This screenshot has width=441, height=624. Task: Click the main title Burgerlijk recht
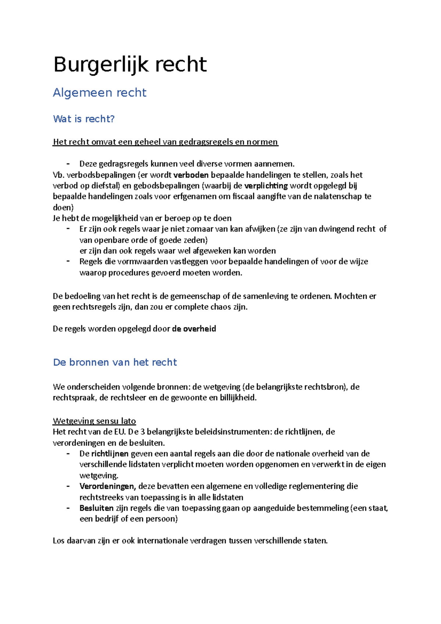130,65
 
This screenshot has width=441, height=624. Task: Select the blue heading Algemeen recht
100,93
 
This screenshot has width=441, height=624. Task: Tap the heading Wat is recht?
84,119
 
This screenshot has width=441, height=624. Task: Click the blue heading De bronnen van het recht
115,362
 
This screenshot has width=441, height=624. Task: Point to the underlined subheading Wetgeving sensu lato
94,421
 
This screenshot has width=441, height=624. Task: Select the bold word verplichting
266,186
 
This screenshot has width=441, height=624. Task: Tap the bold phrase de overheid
194,329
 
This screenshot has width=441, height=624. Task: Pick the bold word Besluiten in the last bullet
97,508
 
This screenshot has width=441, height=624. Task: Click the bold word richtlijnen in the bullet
110,453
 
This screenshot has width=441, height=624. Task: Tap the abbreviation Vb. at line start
58,175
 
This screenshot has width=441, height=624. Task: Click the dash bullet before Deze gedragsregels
68,164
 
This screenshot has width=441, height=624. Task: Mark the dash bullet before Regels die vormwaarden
68,261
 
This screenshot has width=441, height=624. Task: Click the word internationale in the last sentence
161,541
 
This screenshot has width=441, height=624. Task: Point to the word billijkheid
238,398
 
